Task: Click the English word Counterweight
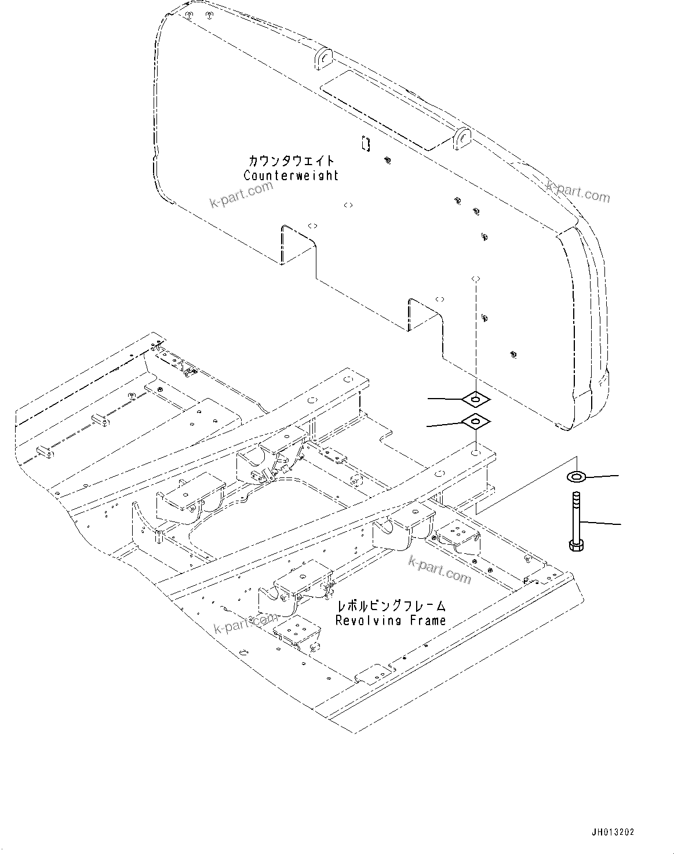point(291,176)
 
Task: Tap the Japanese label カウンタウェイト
point(292,160)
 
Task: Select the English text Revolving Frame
point(391,620)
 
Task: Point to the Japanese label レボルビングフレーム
point(392,606)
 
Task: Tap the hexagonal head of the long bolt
point(575,545)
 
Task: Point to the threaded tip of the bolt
point(575,498)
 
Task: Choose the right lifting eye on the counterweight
point(462,139)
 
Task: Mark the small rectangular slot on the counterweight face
point(365,143)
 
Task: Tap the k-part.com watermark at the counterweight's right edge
point(578,191)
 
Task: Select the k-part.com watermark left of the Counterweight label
point(241,195)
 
